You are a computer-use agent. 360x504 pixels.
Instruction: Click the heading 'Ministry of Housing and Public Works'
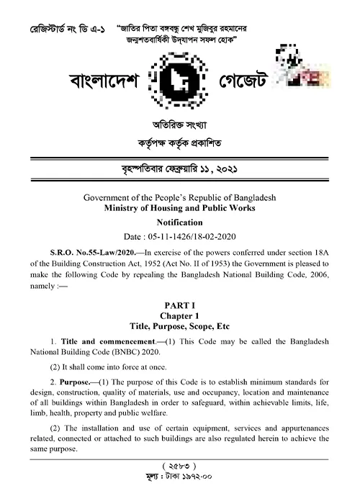coord(180,208)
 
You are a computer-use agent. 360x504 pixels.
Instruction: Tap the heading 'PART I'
coord(180,305)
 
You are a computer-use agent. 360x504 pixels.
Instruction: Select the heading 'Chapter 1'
coord(180,315)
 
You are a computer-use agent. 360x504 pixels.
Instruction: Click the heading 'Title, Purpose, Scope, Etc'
coord(180,326)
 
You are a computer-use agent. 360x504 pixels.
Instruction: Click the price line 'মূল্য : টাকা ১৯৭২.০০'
coord(180,478)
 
